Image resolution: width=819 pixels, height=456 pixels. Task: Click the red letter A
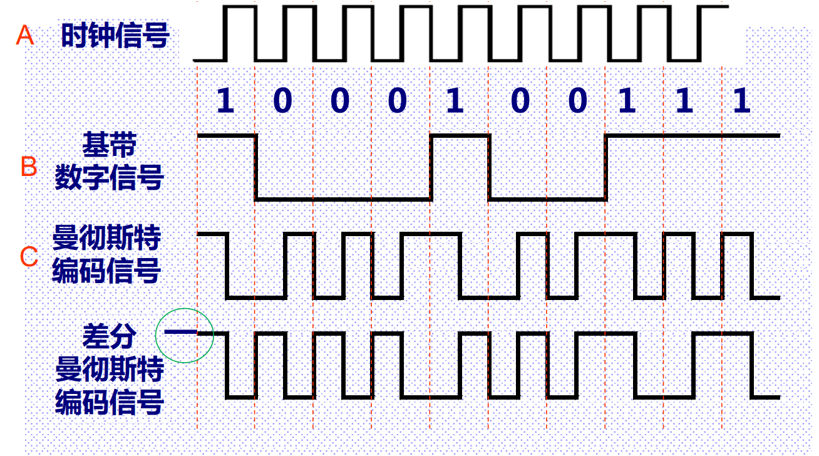(x=24, y=36)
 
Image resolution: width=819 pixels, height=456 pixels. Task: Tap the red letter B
(x=28, y=167)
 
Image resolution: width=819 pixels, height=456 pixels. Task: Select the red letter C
(x=29, y=257)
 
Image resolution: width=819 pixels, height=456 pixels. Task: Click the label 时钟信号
(x=115, y=36)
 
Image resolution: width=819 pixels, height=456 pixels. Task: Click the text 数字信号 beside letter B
(x=109, y=178)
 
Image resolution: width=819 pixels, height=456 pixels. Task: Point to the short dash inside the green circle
(x=177, y=333)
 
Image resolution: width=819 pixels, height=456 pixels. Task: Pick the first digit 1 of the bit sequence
(x=225, y=100)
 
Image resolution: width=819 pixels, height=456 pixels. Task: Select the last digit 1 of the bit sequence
(x=742, y=100)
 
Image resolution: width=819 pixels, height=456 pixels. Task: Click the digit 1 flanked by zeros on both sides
(x=455, y=100)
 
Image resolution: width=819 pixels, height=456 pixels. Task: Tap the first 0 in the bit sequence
(x=282, y=100)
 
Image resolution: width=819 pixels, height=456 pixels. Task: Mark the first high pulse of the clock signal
(x=241, y=7)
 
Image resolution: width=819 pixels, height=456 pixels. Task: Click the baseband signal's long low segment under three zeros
(x=343, y=199)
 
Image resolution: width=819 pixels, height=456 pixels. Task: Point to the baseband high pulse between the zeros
(x=460, y=135)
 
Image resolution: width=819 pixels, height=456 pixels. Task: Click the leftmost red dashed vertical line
(x=197, y=251)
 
